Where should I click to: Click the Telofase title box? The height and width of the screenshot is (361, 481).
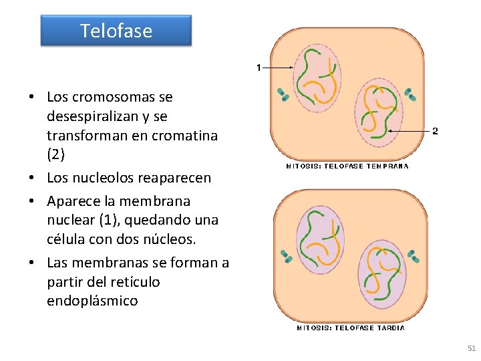116,31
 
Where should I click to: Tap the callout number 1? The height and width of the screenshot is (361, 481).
259,68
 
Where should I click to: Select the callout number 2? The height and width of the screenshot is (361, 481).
435,131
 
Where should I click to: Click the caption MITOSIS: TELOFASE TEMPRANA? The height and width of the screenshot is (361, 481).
347,166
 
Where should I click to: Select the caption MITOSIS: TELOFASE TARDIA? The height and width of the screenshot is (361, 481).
351,328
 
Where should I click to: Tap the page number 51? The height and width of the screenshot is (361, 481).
472,348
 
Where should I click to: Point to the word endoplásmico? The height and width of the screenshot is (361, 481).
92,301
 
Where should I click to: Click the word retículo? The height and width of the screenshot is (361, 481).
137,281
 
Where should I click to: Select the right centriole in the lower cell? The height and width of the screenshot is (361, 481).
414,256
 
